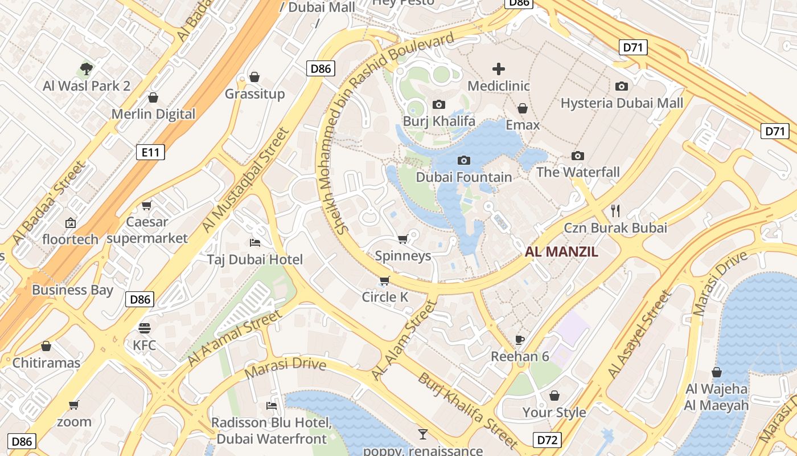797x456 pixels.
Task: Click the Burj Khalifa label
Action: click(x=438, y=121)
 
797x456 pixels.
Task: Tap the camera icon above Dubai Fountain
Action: click(x=464, y=160)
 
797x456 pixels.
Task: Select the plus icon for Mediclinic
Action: click(x=498, y=69)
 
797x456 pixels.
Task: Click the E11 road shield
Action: click(x=151, y=152)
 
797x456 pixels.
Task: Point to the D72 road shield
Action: click(x=547, y=439)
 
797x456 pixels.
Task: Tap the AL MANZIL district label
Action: click(x=561, y=251)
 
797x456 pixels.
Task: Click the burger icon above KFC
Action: click(x=144, y=328)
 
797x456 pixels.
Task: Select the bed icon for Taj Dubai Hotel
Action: click(x=255, y=242)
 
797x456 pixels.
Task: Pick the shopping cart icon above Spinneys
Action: click(x=402, y=239)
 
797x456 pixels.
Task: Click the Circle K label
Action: click(x=385, y=297)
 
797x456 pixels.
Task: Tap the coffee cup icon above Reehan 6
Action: click(x=519, y=340)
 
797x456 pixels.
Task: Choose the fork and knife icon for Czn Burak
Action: click(x=615, y=210)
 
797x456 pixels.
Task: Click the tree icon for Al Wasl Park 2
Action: click(x=87, y=69)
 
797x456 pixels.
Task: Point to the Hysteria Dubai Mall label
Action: click(x=622, y=103)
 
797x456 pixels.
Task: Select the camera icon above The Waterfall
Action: click(x=578, y=156)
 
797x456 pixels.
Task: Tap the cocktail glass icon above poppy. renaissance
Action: click(x=422, y=434)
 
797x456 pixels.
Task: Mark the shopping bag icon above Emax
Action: click(x=522, y=108)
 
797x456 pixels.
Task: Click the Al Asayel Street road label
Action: click(x=639, y=335)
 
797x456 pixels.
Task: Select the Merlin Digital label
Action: click(x=153, y=114)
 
